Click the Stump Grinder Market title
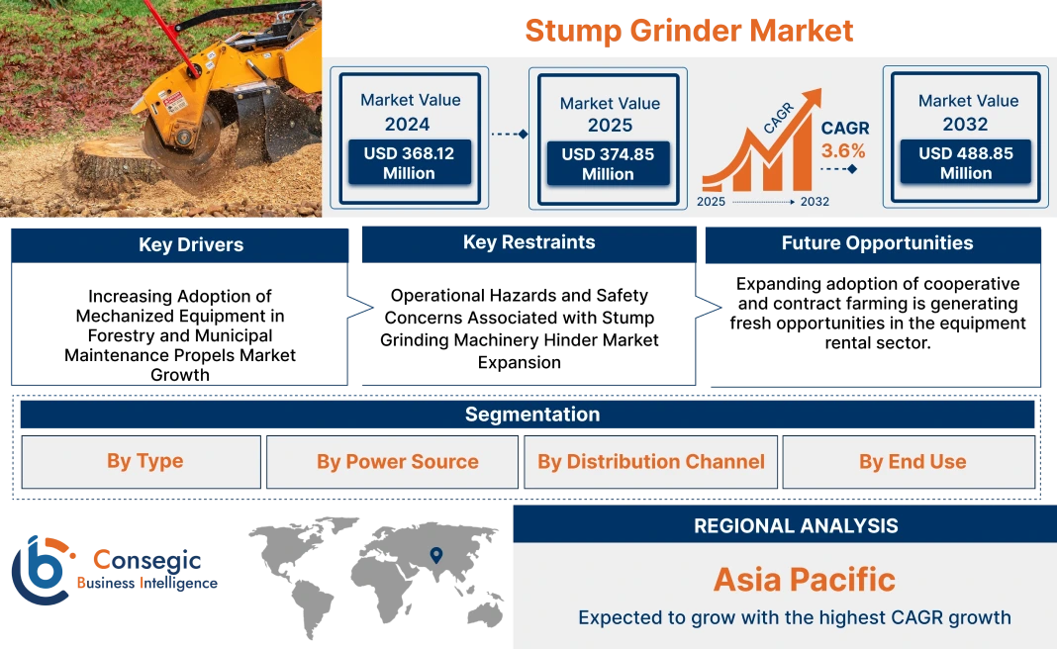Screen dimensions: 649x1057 coord(688,31)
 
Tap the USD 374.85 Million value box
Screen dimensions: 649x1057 coord(609,164)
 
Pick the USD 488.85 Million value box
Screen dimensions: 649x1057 coord(965,163)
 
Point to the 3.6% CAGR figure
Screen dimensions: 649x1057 coord(843,151)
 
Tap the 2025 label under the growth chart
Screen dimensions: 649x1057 coord(712,202)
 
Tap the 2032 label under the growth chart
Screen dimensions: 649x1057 coord(815,202)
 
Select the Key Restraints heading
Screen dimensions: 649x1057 coord(528,243)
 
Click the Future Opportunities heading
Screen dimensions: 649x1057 coord(877,243)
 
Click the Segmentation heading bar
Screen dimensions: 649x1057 coord(531,415)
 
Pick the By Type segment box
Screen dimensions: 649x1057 coord(144,462)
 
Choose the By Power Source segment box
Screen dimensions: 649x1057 coord(397,462)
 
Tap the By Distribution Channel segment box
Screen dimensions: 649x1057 coord(651,462)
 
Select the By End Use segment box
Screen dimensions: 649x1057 coord(913,462)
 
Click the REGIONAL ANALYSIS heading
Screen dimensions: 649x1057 coord(796,525)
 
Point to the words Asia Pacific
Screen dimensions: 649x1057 coord(804,579)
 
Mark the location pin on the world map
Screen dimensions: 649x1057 coord(434,555)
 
